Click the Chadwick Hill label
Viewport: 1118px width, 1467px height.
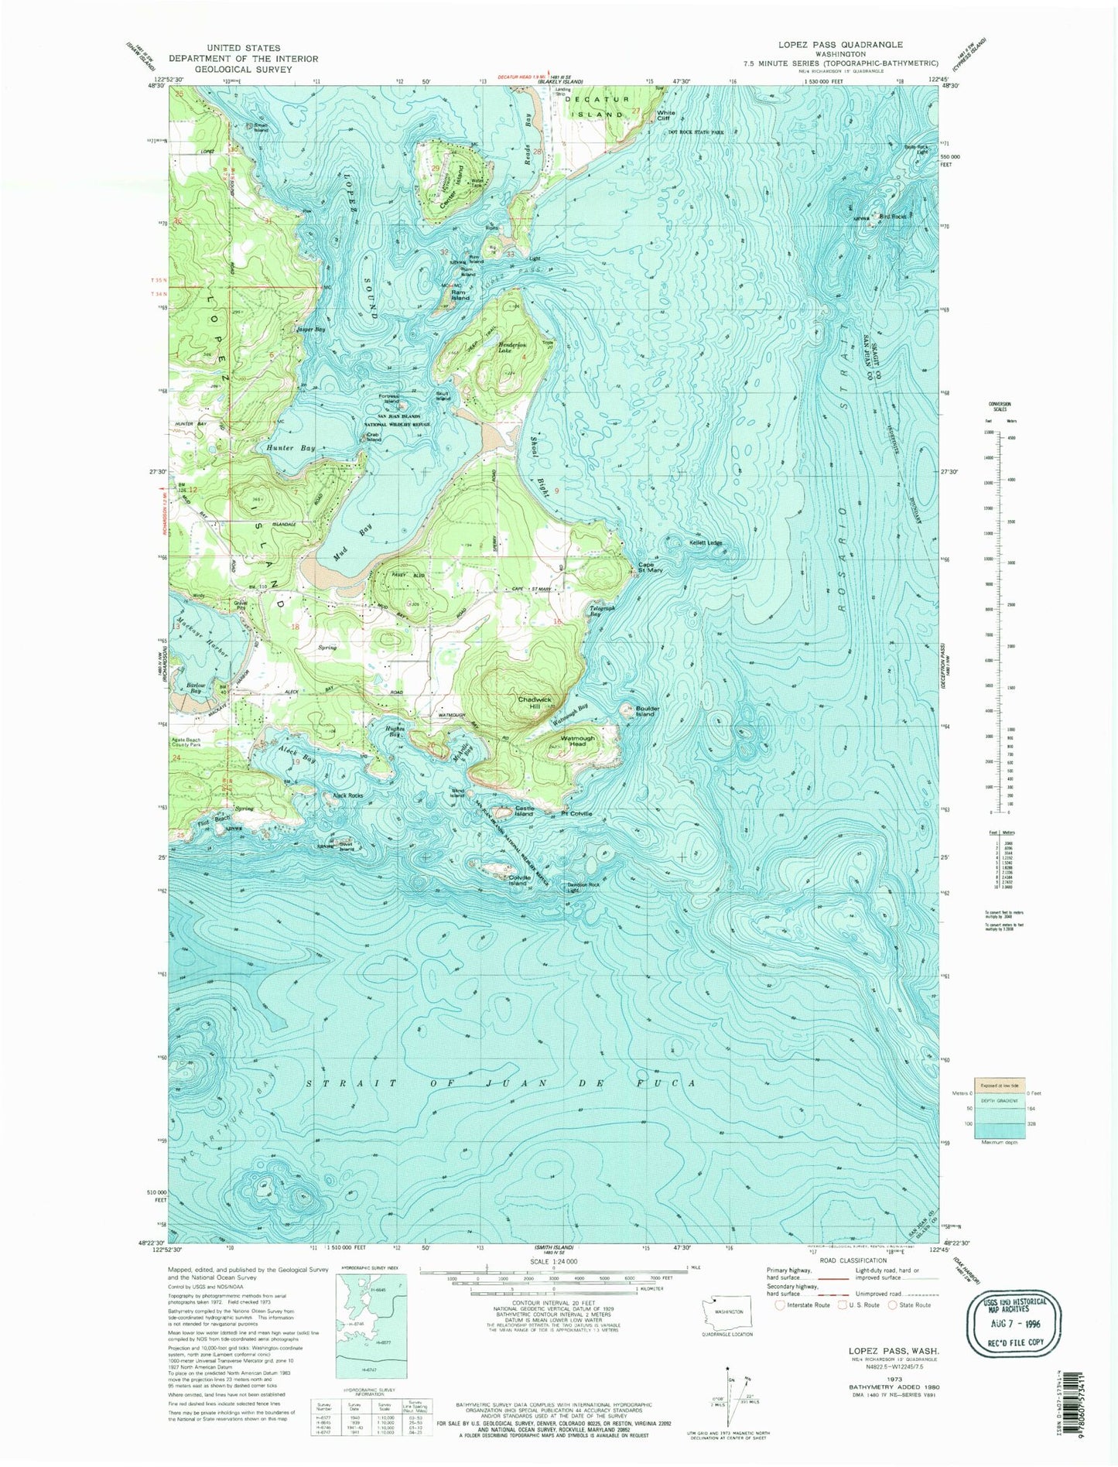point(535,703)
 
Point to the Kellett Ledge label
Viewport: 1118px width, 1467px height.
point(706,543)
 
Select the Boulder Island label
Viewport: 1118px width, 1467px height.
point(644,710)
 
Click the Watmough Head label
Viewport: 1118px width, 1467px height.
point(577,741)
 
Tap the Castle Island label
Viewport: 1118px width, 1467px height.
point(524,812)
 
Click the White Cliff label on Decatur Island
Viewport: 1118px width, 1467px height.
point(665,115)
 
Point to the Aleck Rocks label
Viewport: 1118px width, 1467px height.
point(347,795)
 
